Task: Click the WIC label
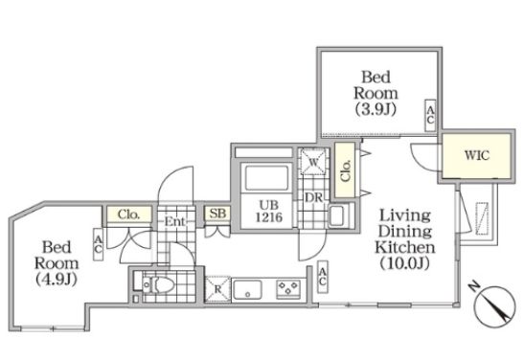[x=477, y=155]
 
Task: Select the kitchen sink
[x=247, y=289]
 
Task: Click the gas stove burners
[x=288, y=289]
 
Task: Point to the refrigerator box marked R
[x=217, y=289]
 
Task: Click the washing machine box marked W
[x=313, y=162]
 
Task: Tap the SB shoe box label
[x=217, y=214]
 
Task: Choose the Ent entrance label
[x=174, y=221]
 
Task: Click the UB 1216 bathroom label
[x=268, y=211]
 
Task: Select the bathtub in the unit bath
[x=266, y=177]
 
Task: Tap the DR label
[x=313, y=197]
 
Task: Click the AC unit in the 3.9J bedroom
[x=430, y=115]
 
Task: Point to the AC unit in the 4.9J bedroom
[x=98, y=244]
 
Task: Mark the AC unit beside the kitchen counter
[x=323, y=277]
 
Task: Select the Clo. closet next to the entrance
[x=129, y=214]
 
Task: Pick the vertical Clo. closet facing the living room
[x=345, y=170]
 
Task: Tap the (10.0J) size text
[x=404, y=263]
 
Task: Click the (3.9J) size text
[x=376, y=109]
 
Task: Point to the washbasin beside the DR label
[x=339, y=215]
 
